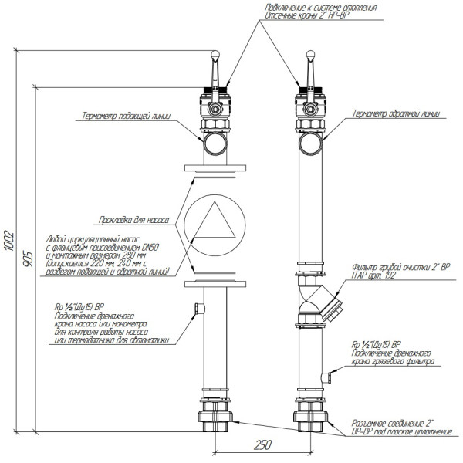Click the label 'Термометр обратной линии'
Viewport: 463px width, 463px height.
pos(396,113)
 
